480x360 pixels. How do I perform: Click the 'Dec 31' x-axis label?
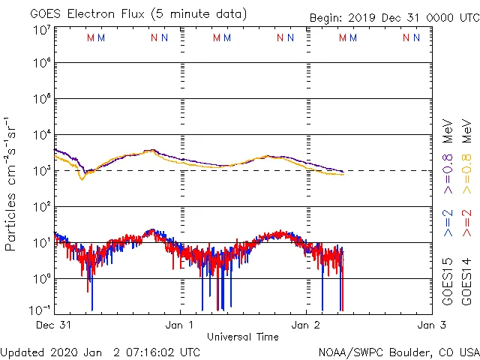click(x=53, y=325)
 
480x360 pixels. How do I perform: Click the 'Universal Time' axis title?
click(x=242, y=337)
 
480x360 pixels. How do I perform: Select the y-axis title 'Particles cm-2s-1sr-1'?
click(x=11, y=183)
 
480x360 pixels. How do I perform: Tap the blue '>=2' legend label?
click(x=447, y=223)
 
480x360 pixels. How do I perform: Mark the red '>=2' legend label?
click(x=466, y=223)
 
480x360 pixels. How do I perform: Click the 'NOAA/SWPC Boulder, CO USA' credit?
click(x=398, y=352)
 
